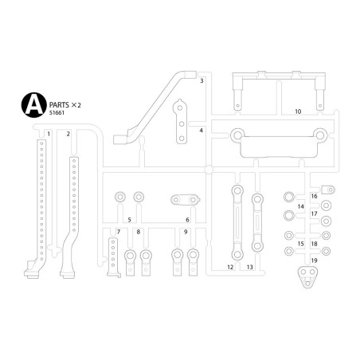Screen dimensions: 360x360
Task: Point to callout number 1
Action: (x=49, y=133)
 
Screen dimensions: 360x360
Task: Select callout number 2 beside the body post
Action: (x=68, y=133)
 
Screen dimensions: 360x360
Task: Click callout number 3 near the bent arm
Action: (x=202, y=81)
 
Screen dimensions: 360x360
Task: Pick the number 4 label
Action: (x=202, y=130)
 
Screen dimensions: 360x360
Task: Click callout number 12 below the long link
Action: (x=229, y=268)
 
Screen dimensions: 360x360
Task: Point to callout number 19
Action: (x=314, y=260)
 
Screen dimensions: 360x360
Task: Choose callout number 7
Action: (x=118, y=232)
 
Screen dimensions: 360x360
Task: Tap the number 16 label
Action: (x=314, y=195)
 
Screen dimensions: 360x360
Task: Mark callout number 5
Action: (x=129, y=219)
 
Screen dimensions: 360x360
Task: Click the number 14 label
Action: (x=300, y=206)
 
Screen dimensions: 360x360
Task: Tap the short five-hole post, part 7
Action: (x=113, y=255)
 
